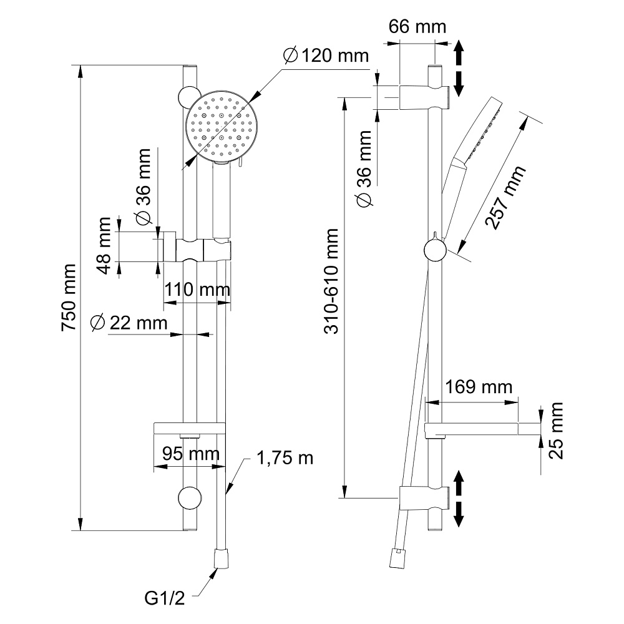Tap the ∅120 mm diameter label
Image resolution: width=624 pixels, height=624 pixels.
(326, 56)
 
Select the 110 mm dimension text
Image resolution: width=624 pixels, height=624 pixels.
(197, 290)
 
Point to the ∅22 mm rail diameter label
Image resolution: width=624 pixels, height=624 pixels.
(129, 323)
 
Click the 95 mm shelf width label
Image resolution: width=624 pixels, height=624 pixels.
(187, 453)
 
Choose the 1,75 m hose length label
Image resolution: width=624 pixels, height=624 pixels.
(285, 459)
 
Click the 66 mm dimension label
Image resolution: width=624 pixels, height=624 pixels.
(417, 27)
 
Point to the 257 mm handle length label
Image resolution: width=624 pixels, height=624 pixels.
(505, 198)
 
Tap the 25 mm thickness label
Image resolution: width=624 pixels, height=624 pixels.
(555, 431)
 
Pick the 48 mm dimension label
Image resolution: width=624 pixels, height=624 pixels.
(105, 245)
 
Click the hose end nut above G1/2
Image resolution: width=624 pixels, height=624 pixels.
(221, 558)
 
